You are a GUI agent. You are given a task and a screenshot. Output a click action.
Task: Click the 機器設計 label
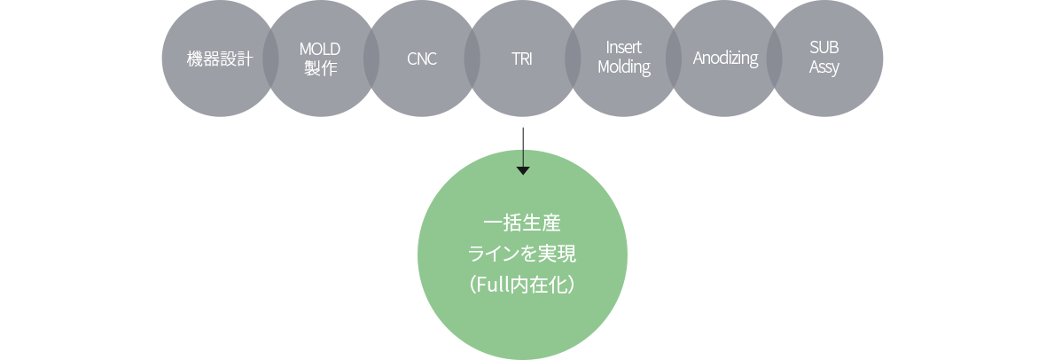220,59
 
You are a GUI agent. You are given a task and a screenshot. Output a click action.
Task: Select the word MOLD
320,49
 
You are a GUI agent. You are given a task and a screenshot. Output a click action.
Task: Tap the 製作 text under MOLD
320,68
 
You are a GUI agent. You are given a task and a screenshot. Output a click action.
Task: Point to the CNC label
422,59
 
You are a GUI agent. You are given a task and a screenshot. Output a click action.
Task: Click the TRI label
522,59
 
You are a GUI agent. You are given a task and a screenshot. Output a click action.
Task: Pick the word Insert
624,48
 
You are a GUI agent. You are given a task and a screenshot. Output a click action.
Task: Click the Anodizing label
725,59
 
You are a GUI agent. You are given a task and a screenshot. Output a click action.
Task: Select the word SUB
824,49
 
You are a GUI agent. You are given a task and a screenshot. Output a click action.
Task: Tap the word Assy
824,68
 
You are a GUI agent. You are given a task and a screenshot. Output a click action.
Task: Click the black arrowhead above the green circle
523,171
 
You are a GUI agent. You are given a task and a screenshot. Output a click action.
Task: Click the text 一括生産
522,223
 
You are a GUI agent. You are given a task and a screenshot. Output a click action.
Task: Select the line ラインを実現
522,254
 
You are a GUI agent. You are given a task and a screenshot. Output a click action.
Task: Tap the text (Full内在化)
522,286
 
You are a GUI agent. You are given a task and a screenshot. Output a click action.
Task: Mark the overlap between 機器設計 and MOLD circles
270,59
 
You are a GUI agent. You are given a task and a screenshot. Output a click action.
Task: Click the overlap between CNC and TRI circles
472,59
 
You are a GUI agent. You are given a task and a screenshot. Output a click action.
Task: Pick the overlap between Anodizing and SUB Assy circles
774,59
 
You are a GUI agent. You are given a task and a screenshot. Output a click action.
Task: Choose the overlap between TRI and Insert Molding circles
573,59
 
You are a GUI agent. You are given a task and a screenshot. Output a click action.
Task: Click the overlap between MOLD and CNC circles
371,59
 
